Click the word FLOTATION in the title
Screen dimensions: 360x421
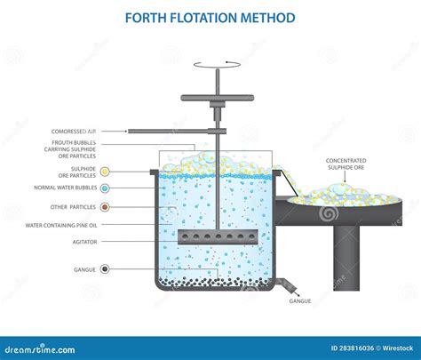(x=210, y=18)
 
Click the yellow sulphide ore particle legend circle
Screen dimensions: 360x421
(x=105, y=171)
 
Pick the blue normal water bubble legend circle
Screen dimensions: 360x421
(x=105, y=189)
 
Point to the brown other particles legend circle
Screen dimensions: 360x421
(x=105, y=208)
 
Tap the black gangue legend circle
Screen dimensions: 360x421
(x=105, y=268)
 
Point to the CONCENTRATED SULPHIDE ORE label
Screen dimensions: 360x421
(x=347, y=164)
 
